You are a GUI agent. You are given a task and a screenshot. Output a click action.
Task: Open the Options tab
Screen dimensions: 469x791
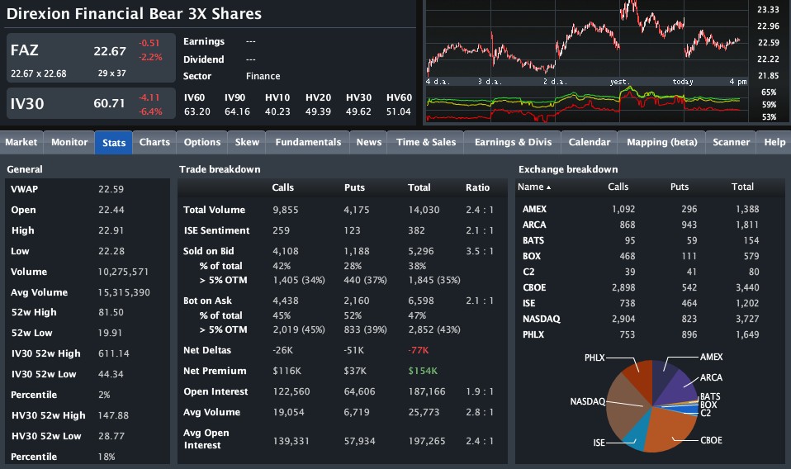(202, 142)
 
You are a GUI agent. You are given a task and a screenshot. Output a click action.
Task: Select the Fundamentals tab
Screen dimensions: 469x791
(308, 142)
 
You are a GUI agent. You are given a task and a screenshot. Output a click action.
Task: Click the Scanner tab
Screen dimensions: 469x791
(731, 142)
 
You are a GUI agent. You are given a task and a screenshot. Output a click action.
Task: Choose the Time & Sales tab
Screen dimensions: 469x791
(426, 142)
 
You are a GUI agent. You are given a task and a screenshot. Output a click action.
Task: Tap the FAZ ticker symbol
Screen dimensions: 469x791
(25, 50)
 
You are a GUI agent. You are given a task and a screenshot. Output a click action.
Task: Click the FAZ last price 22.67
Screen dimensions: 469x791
(109, 51)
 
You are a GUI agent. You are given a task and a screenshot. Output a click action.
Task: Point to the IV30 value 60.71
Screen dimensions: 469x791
(109, 103)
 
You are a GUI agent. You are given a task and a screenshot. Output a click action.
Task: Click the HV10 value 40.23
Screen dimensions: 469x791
(277, 111)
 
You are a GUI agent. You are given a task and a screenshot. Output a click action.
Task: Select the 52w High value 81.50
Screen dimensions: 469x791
(111, 312)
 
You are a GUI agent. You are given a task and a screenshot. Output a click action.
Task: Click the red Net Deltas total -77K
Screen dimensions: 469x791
(419, 350)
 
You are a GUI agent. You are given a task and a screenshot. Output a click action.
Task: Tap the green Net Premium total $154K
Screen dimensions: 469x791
(423, 371)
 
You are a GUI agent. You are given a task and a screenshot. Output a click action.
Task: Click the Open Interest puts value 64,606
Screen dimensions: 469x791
(359, 391)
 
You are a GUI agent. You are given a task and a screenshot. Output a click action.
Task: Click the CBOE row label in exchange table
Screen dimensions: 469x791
(534, 287)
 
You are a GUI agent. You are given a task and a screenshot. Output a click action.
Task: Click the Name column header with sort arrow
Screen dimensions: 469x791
(533, 187)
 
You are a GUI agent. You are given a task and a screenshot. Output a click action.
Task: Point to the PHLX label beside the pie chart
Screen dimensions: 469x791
(594, 358)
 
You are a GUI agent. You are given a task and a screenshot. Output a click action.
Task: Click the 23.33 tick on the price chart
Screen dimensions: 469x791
(768, 9)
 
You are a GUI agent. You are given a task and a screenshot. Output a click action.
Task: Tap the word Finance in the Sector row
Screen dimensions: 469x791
(263, 76)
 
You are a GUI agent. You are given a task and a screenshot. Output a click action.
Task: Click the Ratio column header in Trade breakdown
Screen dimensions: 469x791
(477, 187)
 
